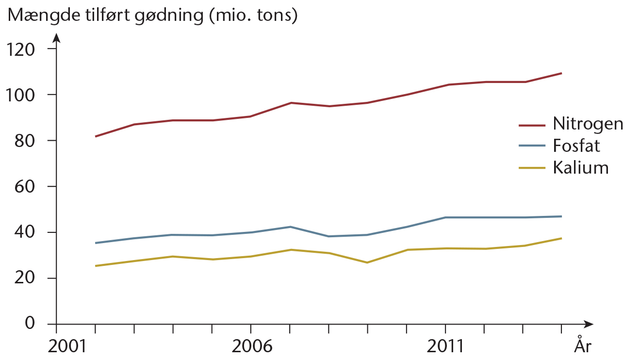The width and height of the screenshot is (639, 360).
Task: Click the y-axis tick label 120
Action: [20, 49]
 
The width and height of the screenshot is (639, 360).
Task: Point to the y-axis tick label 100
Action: [20, 95]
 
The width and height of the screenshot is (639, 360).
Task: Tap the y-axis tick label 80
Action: [25, 141]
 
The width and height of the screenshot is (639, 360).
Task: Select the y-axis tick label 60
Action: [25, 187]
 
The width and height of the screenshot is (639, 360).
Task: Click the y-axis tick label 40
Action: [25, 232]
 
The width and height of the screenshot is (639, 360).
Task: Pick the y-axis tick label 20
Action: [25, 278]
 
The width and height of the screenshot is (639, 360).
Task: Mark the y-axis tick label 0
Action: [30, 323]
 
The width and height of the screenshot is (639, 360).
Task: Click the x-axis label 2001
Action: [67, 346]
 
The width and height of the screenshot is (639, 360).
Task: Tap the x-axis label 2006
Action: [252, 346]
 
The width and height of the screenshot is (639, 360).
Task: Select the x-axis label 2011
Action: [445, 346]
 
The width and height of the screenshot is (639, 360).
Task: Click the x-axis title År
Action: [583, 344]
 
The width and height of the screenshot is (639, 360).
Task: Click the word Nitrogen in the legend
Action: [588, 124]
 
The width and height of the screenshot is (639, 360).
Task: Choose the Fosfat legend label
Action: [576, 146]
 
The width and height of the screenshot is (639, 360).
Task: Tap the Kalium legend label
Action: [581, 167]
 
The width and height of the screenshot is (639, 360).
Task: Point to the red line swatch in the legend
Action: [532, 125]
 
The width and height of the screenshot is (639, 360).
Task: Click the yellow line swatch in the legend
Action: [532, 168]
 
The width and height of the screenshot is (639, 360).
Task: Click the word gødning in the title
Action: [169, 16]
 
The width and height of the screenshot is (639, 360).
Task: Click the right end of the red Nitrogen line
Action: [561, 73]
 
